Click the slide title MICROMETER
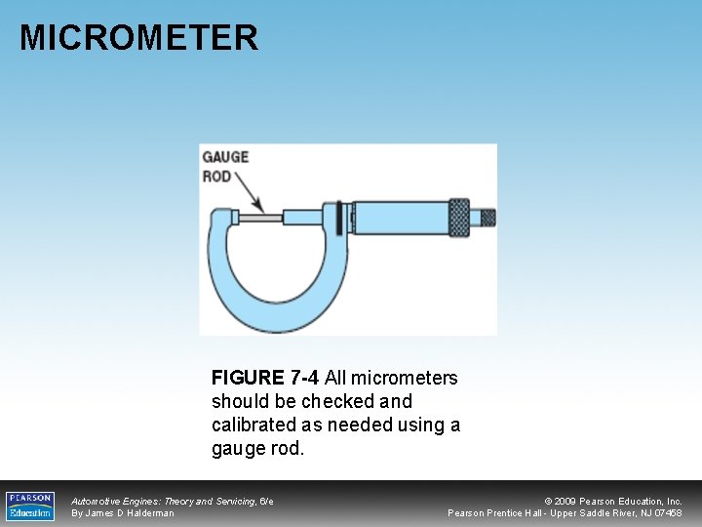coord(138,38)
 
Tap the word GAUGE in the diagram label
coord(224,156)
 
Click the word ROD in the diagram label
coord(216,177)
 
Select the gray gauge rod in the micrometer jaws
coord(261,217)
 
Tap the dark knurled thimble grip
coord(458,217)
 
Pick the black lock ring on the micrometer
coord(339,217)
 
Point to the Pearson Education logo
coord(30,506)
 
